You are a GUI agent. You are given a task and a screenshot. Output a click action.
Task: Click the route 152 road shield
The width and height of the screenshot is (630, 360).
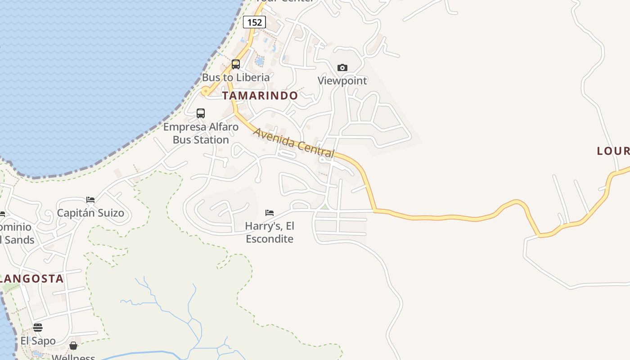tap(254, 22)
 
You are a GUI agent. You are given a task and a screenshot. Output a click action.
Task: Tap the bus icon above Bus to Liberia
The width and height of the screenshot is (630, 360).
tap(236, 64)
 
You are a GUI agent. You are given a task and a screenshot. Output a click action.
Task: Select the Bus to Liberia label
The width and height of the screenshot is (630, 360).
tap(236, 77)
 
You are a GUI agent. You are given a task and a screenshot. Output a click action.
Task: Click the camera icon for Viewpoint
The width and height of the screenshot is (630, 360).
tap(342, 67)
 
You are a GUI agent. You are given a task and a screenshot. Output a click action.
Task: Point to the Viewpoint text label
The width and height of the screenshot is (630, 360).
tap(342, 81)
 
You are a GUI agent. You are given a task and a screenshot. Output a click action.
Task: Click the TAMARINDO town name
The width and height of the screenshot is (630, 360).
tap(260, 95)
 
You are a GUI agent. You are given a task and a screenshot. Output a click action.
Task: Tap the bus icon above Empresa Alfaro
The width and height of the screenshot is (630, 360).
tap(201, 113)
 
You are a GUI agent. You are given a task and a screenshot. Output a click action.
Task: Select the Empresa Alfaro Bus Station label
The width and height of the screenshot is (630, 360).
tap(201, 133)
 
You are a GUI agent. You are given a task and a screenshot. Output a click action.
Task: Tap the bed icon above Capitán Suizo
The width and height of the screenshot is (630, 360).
tap(90, 199)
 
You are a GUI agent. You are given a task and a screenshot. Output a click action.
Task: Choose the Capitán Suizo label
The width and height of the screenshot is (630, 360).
tap(90, 213)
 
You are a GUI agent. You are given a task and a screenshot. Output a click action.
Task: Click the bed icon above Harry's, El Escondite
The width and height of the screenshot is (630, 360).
tap(270, 212)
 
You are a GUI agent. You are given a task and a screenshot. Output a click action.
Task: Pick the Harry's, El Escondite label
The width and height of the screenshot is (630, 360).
tap(270, 232)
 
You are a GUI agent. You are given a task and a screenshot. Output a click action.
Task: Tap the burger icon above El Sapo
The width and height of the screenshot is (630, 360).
tap(38, 327)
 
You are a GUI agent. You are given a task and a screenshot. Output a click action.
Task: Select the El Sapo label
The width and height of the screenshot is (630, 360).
tap(38, 341)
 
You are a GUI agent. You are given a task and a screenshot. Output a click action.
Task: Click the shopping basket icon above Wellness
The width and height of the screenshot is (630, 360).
tap(73, 346)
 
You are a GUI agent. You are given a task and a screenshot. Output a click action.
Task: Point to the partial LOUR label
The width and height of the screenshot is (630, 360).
tap(613, 151)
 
